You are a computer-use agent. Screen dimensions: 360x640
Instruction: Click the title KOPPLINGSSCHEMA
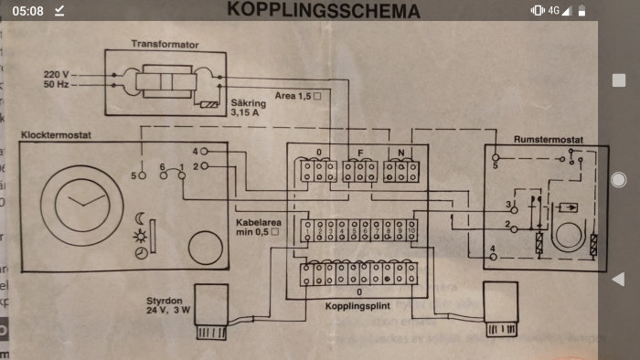(324, 11)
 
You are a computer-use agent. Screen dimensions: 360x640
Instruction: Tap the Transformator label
(165, 43)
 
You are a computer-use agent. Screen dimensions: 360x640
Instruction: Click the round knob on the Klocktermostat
(204, 248)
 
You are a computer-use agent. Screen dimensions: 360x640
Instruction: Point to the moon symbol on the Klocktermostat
(139, 218)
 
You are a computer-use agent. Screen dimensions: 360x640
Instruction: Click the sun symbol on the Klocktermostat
(139, 236)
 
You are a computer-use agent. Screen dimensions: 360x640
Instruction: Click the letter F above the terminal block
(360, 152)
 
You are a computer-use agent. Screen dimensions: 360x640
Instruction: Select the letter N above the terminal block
(401, 152)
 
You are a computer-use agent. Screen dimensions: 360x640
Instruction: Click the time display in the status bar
(29, 10)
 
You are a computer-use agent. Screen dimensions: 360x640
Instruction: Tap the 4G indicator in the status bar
(554, 10)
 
